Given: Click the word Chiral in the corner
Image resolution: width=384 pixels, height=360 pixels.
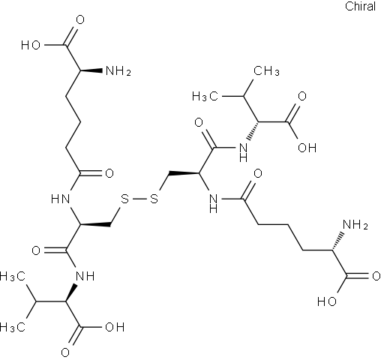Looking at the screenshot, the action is pos(360,6).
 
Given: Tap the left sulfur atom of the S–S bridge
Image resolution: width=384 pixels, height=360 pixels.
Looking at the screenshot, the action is pos(124,199).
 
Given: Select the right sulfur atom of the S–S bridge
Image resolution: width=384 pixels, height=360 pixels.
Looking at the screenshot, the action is pos(154,199).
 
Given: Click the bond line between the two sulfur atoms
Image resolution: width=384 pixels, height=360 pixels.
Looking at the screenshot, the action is pos(139,199).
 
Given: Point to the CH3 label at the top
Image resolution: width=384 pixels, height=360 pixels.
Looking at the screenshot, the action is pos(266,71).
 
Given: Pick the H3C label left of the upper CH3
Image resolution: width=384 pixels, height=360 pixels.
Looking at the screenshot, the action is pos(205,96).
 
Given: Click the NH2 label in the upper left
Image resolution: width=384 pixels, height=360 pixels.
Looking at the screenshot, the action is pos(118,71).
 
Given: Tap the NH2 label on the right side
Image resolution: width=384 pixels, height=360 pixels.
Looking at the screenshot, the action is pos(355,224).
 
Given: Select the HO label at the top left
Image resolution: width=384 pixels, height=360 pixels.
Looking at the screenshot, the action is pos(31,46).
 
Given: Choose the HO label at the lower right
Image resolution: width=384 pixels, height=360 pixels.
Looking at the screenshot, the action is pos(327,301).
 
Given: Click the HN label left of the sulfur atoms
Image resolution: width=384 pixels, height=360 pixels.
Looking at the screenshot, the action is pos(60,199).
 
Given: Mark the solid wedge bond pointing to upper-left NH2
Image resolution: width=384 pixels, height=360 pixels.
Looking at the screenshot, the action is pos(91,70).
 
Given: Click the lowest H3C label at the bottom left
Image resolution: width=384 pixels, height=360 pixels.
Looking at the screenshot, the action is pos(13,327).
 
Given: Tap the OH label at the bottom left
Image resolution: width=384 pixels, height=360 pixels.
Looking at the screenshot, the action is pos(115,327).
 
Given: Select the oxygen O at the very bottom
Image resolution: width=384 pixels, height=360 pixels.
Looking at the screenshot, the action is pos(65,352).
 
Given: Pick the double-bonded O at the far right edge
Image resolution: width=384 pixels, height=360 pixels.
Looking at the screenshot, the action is pos(376,276).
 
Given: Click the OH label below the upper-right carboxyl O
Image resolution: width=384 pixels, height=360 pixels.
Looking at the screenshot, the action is pos(307,148).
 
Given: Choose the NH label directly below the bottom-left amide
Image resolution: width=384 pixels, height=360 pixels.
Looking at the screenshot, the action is pos(85,276).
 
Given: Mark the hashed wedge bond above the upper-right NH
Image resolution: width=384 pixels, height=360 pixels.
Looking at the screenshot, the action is pos(253,130).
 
